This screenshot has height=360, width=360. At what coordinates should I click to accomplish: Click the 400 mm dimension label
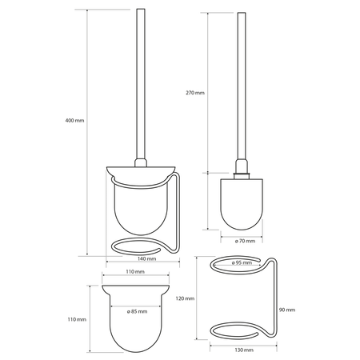coord(74,121)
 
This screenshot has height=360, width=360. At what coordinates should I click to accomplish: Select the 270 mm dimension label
coord(195,93)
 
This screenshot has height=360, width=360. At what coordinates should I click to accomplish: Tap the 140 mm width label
coord(147,258)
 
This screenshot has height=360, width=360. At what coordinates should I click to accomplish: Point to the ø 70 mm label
coord(245,241)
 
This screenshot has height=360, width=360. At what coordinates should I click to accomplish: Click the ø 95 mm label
coord(242,262)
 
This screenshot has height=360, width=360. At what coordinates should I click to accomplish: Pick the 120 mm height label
coord(185,298)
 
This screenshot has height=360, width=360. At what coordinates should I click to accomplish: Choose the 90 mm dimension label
coord(287,310)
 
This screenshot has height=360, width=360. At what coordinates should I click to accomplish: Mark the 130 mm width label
coord(244,350)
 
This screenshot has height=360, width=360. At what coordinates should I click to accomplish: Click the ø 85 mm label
coord(137,311)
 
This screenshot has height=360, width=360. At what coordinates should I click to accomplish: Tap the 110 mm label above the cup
coord(135,272)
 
